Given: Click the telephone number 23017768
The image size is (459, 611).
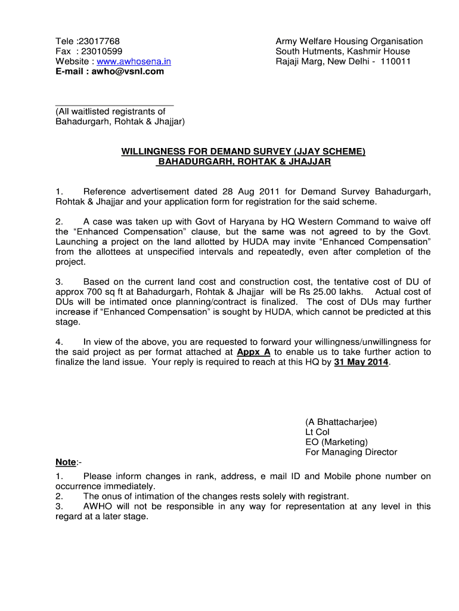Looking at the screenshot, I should pyautogui.click(x=100, y=41).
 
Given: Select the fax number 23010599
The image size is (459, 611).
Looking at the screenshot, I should pyautogui.click(x=101, y=51).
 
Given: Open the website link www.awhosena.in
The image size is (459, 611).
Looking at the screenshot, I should pyautogui.click(x=134, y=61).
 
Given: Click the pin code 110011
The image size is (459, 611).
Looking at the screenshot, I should pyautogui.click(x=395, y=61).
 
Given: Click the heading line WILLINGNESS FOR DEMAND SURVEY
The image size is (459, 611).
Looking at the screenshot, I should pyautogui.click(x=243, y=152).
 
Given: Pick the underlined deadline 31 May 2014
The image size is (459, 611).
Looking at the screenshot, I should pyautogui.click(x=361, y=362).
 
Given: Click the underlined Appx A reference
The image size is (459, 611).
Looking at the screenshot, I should pyautogui.click(x=254, y=352).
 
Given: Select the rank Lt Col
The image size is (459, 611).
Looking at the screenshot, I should pyautogui.click(x=317, y=432).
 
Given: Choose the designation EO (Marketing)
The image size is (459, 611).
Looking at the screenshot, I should pyautogui.click(x=336, y=442).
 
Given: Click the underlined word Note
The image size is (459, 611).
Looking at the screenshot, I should pyautogui.click(x=66, y=462).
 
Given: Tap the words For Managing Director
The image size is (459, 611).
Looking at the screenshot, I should pyautogui.click(x=351, y=452).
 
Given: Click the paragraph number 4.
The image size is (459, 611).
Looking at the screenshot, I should pyautogui.click(x=59, y=342).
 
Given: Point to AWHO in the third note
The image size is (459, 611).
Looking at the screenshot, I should pyautogui.click(x=98, y=506).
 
